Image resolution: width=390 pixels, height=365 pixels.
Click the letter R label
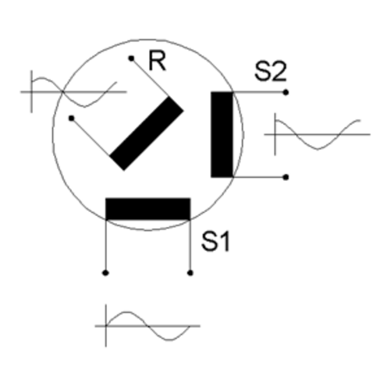click(157, 61)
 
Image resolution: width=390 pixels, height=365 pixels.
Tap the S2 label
click(271, 71)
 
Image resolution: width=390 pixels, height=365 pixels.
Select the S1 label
click(215, 242)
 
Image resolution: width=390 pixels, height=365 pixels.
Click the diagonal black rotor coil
click(147, 133)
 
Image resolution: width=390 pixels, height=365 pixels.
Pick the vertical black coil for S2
click(222, 134)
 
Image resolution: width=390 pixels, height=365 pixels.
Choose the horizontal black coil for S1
click(148, 209)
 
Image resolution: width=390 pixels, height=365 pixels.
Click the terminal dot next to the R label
click(131, 58)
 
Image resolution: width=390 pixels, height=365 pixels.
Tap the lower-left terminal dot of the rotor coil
click(72, 119)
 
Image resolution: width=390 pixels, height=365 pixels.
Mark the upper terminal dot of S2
click(285, 92)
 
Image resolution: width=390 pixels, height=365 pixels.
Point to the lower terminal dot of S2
click(285, 177)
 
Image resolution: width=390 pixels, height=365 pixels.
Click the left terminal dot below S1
click(105, 273)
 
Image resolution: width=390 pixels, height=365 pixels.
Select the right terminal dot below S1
click(190, 273)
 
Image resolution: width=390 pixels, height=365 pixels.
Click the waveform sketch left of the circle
click(73, 91)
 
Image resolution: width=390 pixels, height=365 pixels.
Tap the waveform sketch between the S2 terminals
click(317, 134)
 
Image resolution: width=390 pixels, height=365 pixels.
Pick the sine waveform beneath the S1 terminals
click(147, 325)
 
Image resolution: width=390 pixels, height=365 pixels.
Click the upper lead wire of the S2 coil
click(259, 92)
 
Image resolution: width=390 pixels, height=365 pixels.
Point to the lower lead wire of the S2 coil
click(259, 177)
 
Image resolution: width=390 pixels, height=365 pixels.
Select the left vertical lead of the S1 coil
click(105, 246)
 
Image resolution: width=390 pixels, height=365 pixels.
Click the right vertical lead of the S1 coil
click(190, 246)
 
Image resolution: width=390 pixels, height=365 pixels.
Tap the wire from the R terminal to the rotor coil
click(151, 77)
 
